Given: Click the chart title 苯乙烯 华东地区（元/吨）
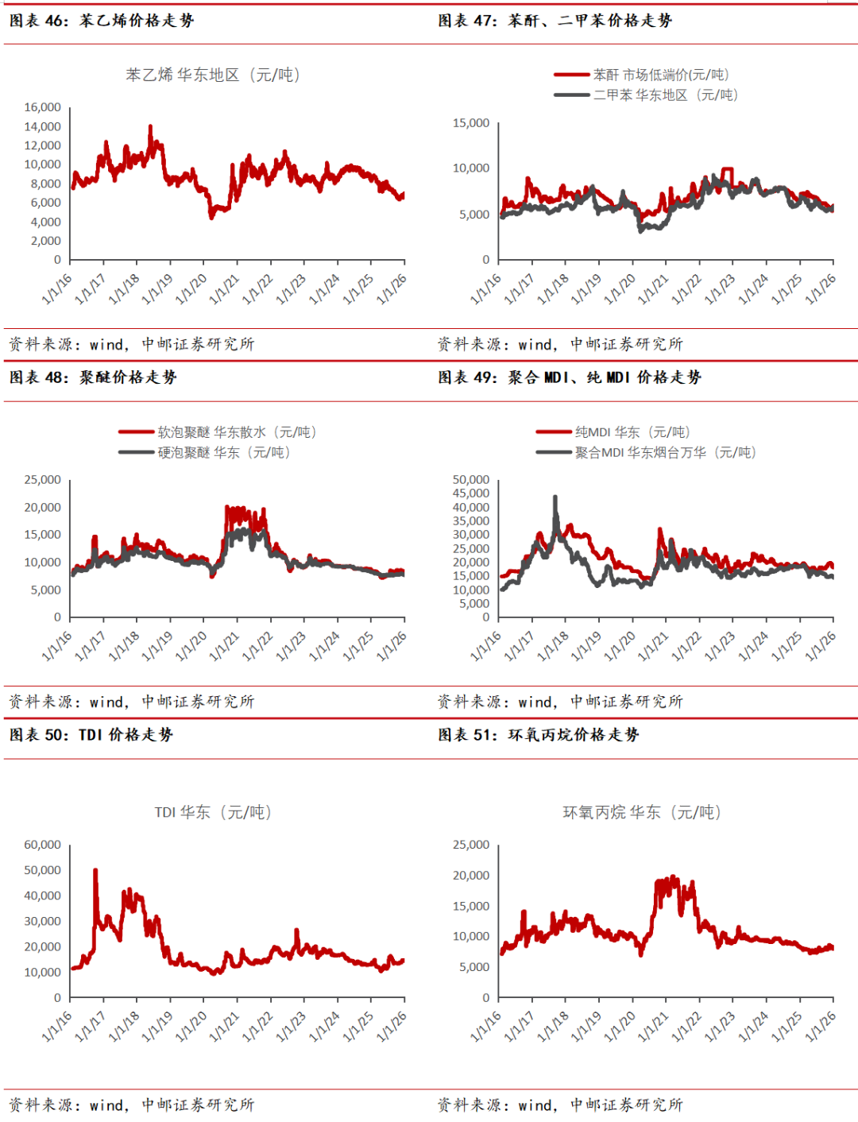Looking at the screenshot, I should point(212,75).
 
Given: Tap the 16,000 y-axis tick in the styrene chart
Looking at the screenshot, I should point(43,107).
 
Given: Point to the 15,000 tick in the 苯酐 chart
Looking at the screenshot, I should point(471,123).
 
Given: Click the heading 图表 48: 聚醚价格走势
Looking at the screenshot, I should point(93,377).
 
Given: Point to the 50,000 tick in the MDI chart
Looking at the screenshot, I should point(471,480).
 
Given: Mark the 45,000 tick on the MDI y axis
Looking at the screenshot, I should point(471,493).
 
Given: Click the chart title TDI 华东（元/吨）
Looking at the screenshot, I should point(213,812).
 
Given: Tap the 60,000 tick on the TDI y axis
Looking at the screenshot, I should point(43,845).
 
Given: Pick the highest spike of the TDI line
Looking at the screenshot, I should point(95,870).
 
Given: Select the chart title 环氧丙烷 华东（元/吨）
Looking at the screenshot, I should point(642,812).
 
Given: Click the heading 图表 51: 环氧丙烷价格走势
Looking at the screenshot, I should point(539,735).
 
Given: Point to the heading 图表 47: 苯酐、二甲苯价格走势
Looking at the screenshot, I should point(555,21).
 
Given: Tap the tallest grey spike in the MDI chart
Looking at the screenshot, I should point(555,497).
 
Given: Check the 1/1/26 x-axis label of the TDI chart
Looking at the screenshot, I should point(392,1026).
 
